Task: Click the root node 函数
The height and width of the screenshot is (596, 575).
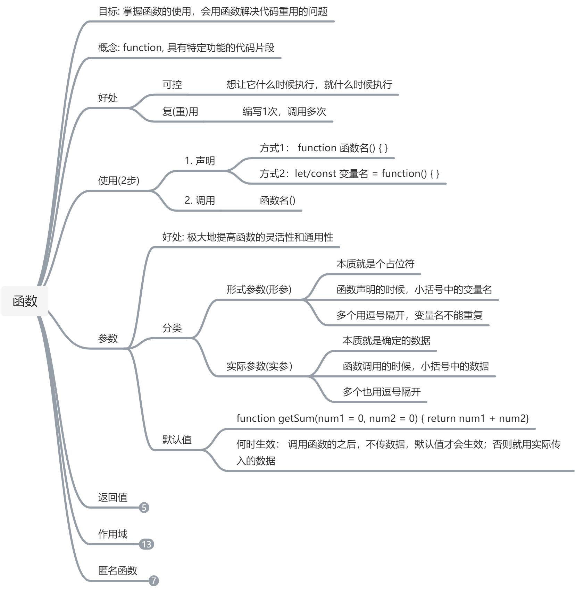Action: (x=25, y=301)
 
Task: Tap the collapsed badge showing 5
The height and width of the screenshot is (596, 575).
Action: (x=144, y=508)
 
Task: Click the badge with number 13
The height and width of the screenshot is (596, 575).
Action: (x=147, y=544)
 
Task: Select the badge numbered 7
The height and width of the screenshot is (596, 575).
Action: (x=154, y=580)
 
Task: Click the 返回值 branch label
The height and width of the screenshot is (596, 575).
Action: (x=112, y=497)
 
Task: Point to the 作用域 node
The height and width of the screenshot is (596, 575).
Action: (x=112, y=534)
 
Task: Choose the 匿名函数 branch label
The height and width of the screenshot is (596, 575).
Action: (x=117, y=570)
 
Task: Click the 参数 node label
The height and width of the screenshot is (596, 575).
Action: (x=108, y=338)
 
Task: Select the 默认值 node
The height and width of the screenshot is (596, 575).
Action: (x=177, y=440)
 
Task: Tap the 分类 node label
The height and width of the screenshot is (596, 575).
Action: (x=172, y=328)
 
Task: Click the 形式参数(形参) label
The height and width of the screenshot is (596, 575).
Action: (x=259, y=289)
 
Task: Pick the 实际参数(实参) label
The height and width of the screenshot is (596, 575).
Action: (x=259, y=366)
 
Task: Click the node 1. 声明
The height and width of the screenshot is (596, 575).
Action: (x=200, y=161)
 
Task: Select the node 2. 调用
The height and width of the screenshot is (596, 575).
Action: (x=200, y=200)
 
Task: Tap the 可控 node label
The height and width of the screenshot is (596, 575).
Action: (x=172, y=84)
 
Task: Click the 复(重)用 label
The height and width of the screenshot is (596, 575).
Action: (x=180, y=111)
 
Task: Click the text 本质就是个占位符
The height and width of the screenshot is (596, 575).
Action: (x=375, y=264)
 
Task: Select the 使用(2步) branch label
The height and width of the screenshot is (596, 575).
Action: (x=118, y=180)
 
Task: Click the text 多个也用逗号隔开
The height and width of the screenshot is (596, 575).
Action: (x=381, y=392)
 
